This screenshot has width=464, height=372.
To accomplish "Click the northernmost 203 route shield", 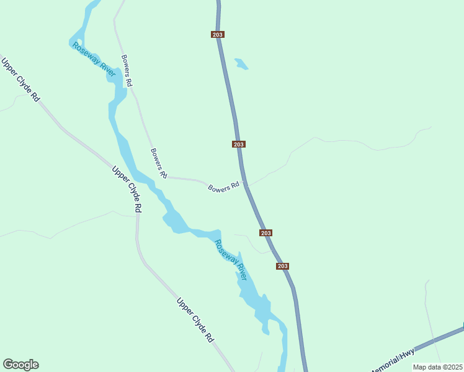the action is [217, 35].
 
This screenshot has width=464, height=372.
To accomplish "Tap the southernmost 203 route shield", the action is [282, 266].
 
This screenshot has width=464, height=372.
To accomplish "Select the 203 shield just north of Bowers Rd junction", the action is [239, 144].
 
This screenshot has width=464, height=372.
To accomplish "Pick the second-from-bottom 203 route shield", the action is [265, 233].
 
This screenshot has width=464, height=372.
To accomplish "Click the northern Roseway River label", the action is [94, 60].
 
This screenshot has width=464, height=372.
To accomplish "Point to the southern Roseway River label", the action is [231, 259].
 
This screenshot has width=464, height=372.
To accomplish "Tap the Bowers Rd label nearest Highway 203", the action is [223, 187].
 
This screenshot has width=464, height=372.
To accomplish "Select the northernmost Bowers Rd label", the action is [127, 70].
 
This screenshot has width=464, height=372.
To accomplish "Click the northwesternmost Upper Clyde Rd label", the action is [20, 81].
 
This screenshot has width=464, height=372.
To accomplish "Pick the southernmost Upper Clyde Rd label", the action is [195, 321].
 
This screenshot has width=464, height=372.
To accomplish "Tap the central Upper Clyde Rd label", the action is [127, 189].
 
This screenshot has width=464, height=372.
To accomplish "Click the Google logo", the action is [20, 365].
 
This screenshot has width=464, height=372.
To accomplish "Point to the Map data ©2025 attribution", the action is [437, 367].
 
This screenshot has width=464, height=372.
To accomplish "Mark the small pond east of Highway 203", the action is [241, 64].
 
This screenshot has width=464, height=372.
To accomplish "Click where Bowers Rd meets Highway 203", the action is [246, 184].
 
